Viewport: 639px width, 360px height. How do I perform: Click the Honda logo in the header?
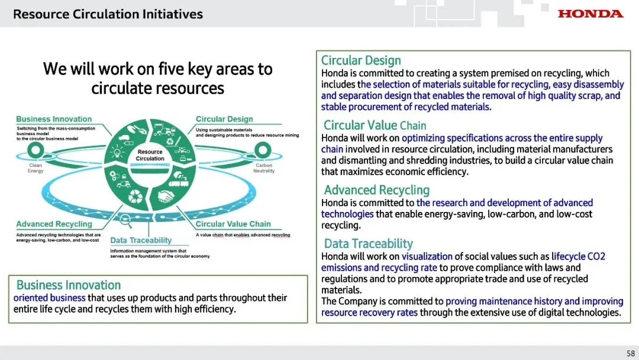[590, 13]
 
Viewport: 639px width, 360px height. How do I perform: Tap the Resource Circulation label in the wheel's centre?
[150, 155]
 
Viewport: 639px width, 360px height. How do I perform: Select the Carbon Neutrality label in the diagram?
[264, 168]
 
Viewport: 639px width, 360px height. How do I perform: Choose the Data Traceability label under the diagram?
[141, 240]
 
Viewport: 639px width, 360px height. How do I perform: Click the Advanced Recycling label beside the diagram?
[54, 224]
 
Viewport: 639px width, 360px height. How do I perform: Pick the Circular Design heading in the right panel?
[360, 60]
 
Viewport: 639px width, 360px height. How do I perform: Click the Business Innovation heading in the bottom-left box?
[68, 285]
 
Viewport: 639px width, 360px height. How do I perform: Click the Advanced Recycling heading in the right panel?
[376, 190]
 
